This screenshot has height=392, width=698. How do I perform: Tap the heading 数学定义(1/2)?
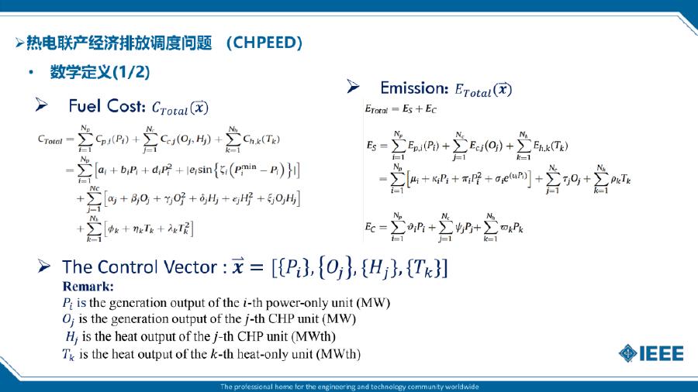pos(100,72)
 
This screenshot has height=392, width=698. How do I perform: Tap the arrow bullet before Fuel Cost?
pos(42,105)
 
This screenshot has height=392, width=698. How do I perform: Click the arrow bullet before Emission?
pos(353,87)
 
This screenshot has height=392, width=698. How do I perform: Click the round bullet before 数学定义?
pos(31,73)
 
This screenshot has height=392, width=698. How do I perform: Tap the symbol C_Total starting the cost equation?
pos(51,139)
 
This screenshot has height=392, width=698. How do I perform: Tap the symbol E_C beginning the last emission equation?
pos(374,227)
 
